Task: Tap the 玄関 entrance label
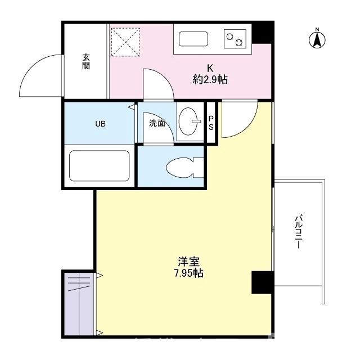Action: (x=86, y=61)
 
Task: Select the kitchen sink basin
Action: (x=193, y=39)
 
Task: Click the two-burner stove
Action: (x=235, y=39)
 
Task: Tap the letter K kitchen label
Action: (x=210, y=67)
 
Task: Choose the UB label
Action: (x=100, y=124)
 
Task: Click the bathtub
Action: (x=100, y=167)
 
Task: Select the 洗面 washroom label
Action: (x=157, y=124)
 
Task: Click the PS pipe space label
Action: (x=211, y=123)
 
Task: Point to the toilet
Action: (x=182, y=166)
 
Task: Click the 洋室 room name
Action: (x=188, y=262)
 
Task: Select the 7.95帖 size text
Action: (x=188, y=274)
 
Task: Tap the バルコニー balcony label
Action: (x=299, y=233)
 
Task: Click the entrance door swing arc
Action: (x=40, y=75)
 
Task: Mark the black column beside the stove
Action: (x=263, y=33)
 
